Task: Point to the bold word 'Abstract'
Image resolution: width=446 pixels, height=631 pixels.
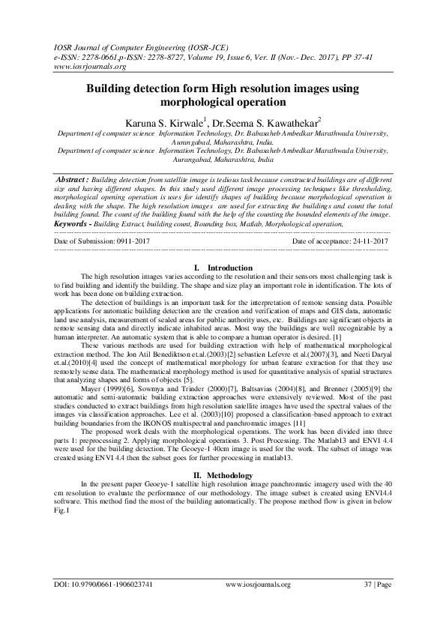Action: (73, 181)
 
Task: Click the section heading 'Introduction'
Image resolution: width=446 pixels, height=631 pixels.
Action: (229, 247)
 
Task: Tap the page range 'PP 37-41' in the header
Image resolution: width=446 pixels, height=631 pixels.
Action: (343, 55)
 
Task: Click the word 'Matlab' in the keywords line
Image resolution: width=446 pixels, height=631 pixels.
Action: (259, 203)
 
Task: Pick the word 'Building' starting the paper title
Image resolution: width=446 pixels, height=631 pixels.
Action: (111, 88)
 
